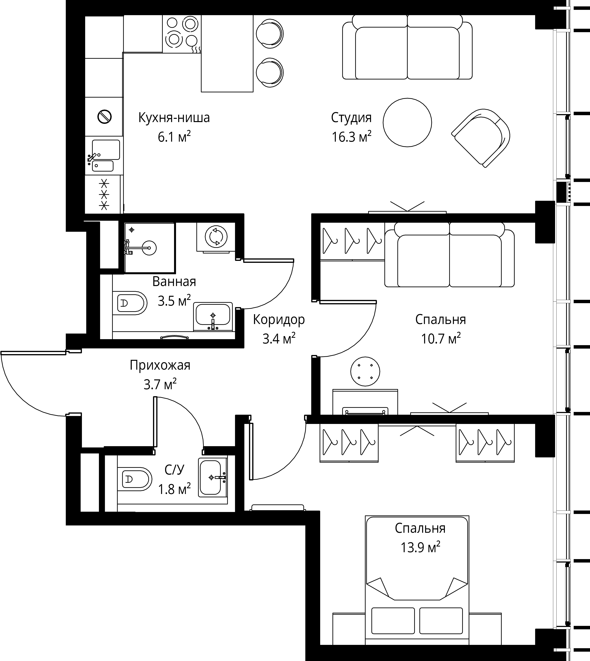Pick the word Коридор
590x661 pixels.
coord(279,320)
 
